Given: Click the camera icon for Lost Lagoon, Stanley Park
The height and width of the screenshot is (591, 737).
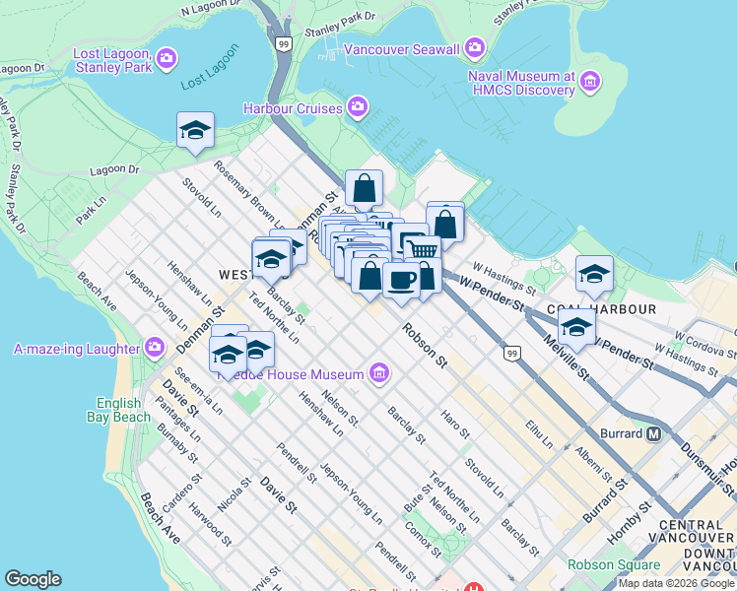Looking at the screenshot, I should click(x=166, y=60).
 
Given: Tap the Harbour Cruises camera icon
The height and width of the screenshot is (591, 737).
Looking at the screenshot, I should click(x=357, y=106).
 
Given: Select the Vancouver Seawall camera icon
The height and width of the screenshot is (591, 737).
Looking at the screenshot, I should click(x=475, y=47).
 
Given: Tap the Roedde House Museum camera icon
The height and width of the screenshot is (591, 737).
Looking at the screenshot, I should click(x=378, y=372).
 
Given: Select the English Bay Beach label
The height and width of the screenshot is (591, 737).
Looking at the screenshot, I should click(x=124, y=410).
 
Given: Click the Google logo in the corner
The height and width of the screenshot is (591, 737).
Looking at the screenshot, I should click(x=33, y=579).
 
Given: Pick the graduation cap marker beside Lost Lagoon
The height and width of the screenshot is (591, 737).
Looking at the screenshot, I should click(x=195, y=130).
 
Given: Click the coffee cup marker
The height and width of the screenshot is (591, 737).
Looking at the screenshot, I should click(x=401, y=280).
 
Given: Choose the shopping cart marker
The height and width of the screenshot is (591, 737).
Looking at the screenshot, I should click(x=423, y=248).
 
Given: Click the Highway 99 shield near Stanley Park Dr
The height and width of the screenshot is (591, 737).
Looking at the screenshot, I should click(x=284, y=44).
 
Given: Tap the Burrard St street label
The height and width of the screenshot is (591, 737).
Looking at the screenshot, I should click(x=604, y=501).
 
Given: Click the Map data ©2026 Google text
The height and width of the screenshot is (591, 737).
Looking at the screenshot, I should click(x=676, y=583).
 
